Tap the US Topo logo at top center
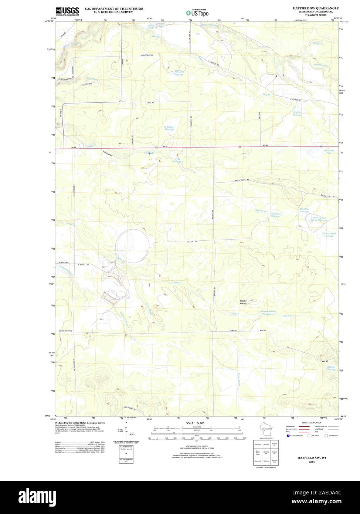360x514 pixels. pyautogui.click(x=197, y=12)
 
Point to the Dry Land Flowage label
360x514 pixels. pyautogui.click(x=179, y=73)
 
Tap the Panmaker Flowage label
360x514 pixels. pyautogui.click(x=169, y=128)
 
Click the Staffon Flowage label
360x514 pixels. pyautogui.click(x=297, y=114)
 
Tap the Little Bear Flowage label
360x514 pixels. pyautogui.click(x=275, y=215)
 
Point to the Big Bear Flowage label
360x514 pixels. pyautogui.click(x=307, y=210)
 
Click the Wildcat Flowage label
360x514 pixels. pyautogui.click(x=331, y=368)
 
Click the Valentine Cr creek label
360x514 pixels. pyautogui.click(x=93, y=79)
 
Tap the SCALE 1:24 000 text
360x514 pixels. pyautogui.click(x=195, y=423)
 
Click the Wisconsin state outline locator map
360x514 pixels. pyautogui.click(x=266, y=429)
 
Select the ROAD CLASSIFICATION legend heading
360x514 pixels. pyautogui.click(x=312, y=423)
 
